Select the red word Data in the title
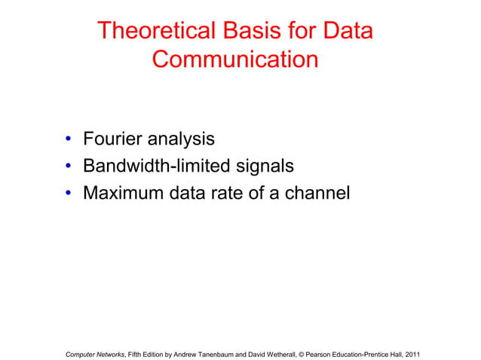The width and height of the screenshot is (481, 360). point(346,31)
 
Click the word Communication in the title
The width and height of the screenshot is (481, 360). point(235,59)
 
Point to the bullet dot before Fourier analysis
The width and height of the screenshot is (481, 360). point(68,140)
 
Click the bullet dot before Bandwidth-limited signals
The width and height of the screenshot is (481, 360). point(68,167)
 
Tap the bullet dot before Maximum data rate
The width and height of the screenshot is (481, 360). point(68,194)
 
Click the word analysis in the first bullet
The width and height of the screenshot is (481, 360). point(181,140)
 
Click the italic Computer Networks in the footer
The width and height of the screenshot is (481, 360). point(94,353)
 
